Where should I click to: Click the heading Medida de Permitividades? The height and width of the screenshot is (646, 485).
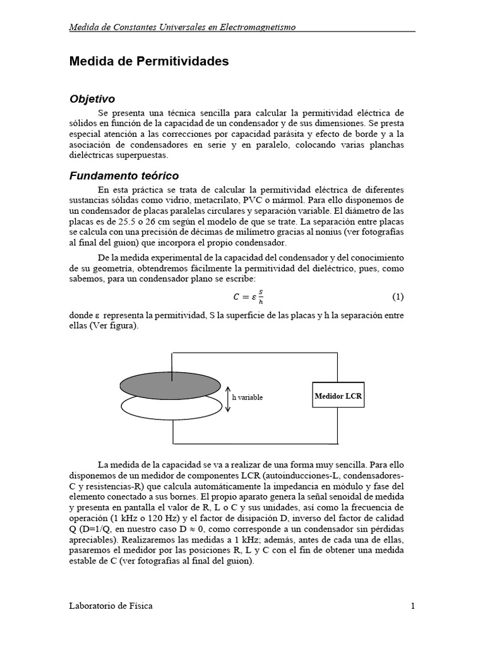point(148,62)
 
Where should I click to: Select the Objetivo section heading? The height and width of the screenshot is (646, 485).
point(92,99)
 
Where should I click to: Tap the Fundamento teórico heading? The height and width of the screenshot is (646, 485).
point(124,176)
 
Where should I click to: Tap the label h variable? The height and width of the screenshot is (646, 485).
point(248,397)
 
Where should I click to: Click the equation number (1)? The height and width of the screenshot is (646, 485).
point(398,297)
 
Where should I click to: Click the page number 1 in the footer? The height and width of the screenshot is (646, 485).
point(412,606)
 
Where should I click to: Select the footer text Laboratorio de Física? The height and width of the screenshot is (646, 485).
point(111,606)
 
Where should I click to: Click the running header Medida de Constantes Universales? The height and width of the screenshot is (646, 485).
point(182,27)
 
